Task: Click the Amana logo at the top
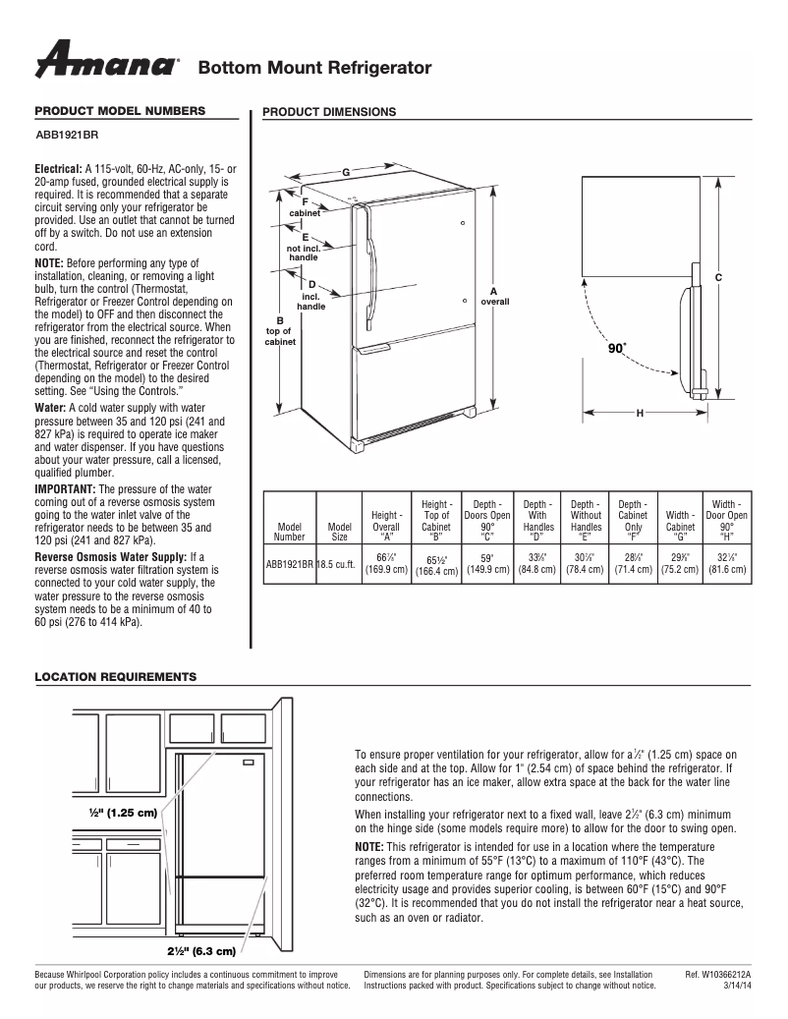[x=107, y=61]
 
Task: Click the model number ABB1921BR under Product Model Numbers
[x=66, y=136]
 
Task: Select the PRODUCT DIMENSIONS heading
[x=329, y=112]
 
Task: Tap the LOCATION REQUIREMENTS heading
[x=115, y=677]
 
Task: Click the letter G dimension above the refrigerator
[x=346, y=174]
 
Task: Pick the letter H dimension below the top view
[x=640, y=413]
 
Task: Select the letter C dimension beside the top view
[x=718, y=278]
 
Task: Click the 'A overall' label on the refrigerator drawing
[x=494, y=296]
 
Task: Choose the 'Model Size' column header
[x=339, y=532]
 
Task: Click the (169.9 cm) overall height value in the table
[x=386, y=569]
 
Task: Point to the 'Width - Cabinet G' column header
[x=680, y=526]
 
